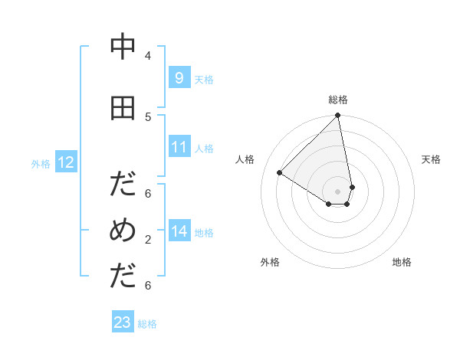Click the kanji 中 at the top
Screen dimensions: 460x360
123,47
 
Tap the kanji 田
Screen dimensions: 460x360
123,108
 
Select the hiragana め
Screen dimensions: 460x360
123,231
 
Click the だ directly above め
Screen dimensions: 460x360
123,185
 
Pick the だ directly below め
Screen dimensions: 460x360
123,277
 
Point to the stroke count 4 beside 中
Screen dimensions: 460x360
148,55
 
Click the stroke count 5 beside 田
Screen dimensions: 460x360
148,116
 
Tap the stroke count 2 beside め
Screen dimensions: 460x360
148,239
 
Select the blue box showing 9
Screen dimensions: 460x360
179,78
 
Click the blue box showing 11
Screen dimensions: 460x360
179,147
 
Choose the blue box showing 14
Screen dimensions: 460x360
179,231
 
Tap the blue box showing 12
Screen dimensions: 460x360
65,162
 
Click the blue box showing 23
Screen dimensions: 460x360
123,322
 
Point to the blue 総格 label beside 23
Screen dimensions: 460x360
147,324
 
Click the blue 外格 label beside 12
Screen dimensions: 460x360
41,163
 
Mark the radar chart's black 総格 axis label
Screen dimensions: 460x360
338,100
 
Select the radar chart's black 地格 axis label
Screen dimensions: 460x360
402,262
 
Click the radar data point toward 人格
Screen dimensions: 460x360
280,172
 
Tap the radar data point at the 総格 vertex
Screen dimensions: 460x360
338,116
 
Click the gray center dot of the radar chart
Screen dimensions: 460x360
338,191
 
